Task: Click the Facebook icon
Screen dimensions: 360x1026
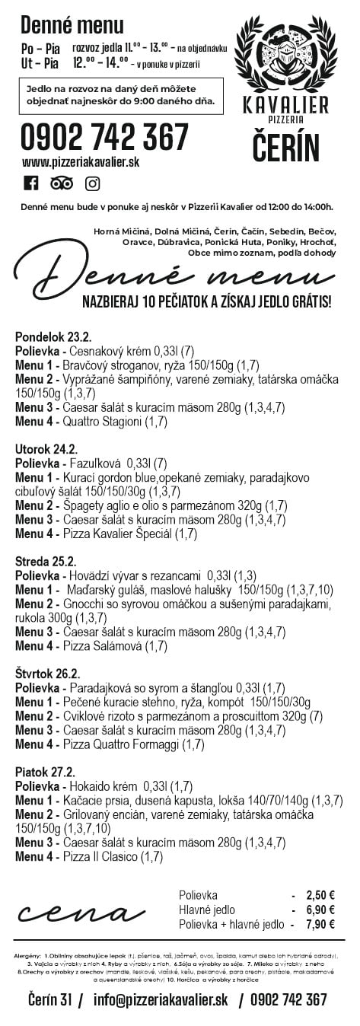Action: tap(31, 183)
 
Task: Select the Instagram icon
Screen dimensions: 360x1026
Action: tap(92, 183)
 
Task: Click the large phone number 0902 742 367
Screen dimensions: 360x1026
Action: tap(105, 138)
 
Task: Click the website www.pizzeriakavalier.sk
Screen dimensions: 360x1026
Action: tap(81, 162)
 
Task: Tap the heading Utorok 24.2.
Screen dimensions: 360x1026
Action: tap(46, 449)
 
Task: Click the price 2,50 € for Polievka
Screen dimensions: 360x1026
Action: tap(320, 895)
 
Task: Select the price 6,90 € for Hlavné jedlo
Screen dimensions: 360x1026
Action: tap(320, 910)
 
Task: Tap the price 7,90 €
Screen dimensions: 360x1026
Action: tap(320, 924)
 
